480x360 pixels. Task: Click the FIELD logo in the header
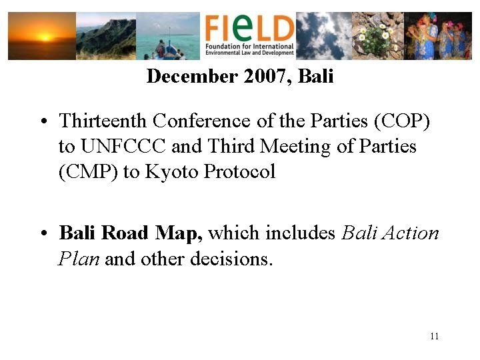tap(249, 35)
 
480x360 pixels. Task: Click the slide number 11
tap(434, 336)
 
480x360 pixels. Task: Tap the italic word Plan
tap(79, 259)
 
